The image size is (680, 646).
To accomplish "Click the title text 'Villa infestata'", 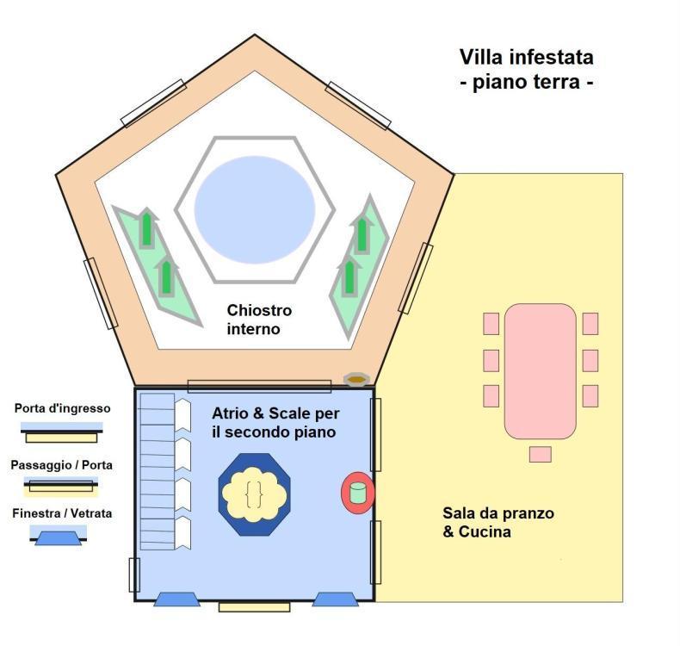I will (x=526, y=58).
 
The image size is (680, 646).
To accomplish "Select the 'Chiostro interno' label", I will (x=259, y=319).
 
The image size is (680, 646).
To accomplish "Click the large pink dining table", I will (x=540, y=370).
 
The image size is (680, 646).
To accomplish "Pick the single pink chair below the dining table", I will (x=540, y=454).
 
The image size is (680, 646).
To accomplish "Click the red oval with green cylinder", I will (x=358, y=493).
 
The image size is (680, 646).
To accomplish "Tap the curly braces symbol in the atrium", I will (x=253, y=494).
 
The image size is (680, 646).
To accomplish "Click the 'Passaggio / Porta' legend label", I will (x=62, y=465).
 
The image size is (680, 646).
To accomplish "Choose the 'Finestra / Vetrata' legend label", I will (x=62, y=513).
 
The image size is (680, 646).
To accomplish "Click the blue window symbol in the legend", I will (x=59, y=537).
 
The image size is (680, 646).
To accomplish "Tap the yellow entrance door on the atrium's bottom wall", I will (x=254, y=606).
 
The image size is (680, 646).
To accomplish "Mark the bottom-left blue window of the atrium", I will (x=176, y=599).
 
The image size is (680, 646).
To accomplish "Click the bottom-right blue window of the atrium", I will (x=335, y=599).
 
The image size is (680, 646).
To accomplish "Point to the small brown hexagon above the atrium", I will (x=355, y=379).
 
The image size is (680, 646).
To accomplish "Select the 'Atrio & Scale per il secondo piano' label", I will (x=274, y=422).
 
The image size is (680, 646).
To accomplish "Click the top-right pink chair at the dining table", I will (x=590, y=324).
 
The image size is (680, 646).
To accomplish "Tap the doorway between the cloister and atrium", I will (x=259, y=386).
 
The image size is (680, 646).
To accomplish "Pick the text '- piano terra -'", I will (x=526, y=84).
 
